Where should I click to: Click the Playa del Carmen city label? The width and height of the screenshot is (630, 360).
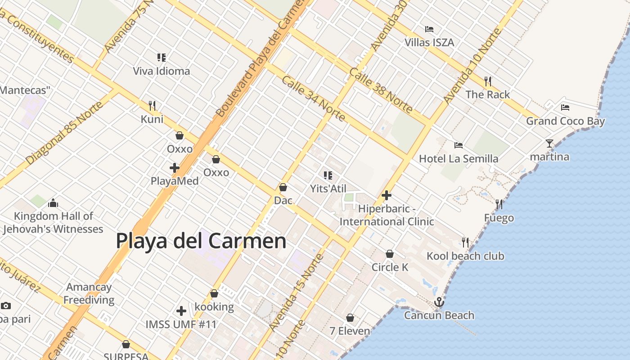pos(201,241)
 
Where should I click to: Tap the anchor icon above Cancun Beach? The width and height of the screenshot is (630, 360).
pos(439,302)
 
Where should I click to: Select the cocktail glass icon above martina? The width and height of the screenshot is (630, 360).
pos(549,144)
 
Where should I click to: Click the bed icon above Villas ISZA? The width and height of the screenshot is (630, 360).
pos(429,29)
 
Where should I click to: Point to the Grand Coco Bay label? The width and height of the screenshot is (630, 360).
pos(566,121)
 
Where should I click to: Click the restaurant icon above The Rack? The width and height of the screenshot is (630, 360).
pos(488,81)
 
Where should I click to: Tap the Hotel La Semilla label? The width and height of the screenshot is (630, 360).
pos(459,158)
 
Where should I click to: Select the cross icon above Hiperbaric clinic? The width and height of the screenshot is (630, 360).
pos(386,195)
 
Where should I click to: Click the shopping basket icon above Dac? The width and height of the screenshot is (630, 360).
pos(283,187)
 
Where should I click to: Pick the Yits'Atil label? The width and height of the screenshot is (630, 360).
pos(328,189)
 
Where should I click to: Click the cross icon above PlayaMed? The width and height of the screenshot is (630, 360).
pos(175,168)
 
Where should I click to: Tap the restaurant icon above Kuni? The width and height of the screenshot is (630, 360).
pos(152,106)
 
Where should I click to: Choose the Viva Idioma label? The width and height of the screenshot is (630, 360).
pos(162,71)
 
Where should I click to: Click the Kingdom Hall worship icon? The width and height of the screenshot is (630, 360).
pos(53,203)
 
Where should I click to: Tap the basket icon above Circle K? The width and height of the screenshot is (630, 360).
pos(390,254)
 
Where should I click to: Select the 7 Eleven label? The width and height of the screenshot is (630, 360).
pos(350,331)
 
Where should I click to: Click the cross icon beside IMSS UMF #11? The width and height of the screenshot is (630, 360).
pos(181,311)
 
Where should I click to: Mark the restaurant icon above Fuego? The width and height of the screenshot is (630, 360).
pos(499,204)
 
